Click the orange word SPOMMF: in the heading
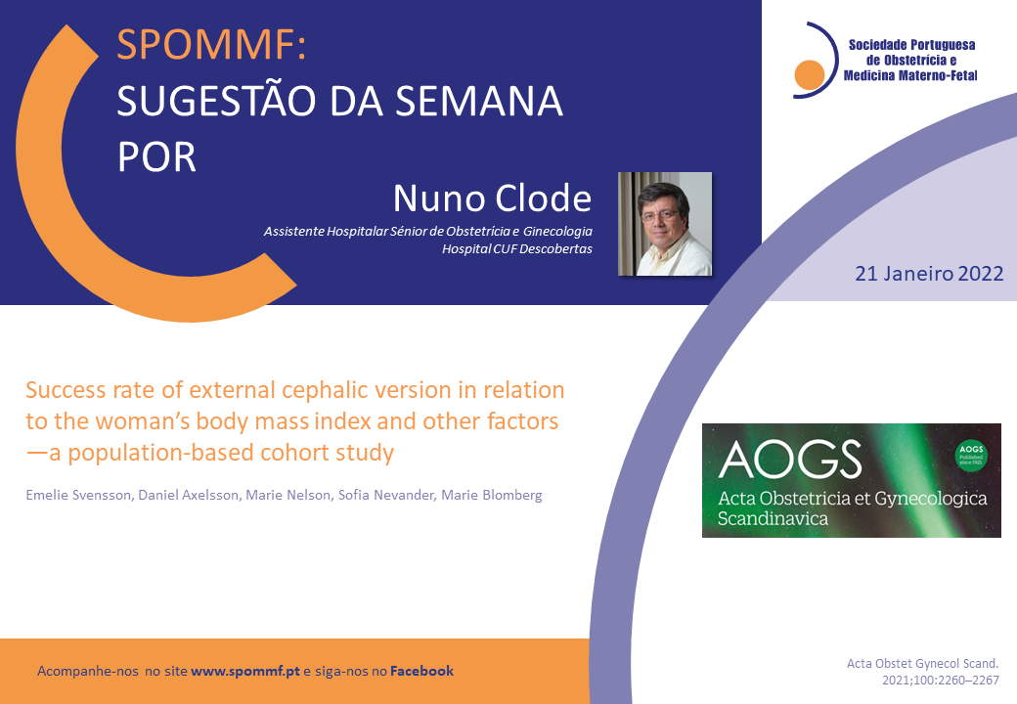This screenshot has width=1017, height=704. coord(211,44)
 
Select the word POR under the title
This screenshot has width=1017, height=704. coord(156,156)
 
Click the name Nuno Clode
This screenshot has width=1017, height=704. coord(492,198)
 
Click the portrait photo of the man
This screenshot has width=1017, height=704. coord(665,224)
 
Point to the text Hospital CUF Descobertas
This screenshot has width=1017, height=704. coord(517,249)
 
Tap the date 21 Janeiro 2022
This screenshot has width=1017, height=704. coord(929,274)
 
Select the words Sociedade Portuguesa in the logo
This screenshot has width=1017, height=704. coord(912,45)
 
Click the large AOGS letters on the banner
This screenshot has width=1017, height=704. coord(790,460)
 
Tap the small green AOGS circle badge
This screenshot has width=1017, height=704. coord(971,456)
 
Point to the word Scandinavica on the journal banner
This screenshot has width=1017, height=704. coord(773,518)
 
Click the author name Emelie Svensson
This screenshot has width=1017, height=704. coord(78,496)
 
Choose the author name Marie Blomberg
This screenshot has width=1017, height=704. coord(492,496)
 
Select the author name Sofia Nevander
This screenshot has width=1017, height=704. coord(385,496)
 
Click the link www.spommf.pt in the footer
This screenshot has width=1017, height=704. coord(245,672)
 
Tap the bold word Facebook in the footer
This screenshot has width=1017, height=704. coord(421,671)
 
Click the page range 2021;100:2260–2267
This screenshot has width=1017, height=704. coord(941,680)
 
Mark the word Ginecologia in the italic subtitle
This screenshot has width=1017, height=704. coord(557,232)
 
